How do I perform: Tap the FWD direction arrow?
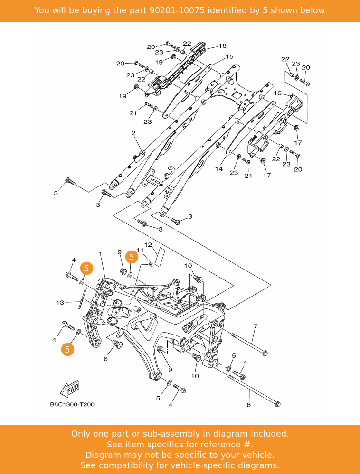[x=70, y=389]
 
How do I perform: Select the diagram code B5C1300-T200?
[x=72, y=405]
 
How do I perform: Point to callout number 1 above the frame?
[x=101, y=254]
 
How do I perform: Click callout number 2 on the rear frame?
[x=133, y=133]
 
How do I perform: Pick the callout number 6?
[x=105, y=359]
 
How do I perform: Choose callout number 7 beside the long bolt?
[x=255, y=326]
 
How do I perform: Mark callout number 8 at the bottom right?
[x=248, y=405]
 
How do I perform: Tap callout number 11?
[x=140, y=250]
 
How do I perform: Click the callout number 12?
[x=148, y=245]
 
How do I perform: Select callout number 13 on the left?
[x=60, y=302]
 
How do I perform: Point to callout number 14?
[x=219, y=168]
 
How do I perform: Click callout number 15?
[x=229, y=57]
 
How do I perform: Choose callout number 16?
[x=277, y=93]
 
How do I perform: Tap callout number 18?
[x=223, y=46]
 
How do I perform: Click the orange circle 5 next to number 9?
[x=132, y=257]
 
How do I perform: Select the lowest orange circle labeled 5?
[x=67, y=350]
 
